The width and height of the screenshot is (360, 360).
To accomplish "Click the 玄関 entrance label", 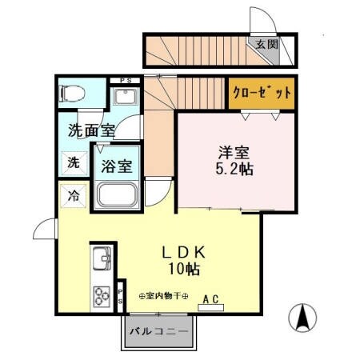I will point(267,45).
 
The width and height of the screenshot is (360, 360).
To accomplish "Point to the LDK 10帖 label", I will point(185,258).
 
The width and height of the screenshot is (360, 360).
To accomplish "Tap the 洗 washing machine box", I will point(72,163).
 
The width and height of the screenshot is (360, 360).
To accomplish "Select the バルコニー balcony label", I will point(158,330).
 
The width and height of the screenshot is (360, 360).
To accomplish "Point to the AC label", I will point(210,300).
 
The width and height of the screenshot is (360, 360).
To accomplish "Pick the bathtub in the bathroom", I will point(118,195).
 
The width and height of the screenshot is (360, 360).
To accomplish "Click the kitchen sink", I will point(102,260).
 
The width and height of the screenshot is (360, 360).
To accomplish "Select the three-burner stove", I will point(102,296).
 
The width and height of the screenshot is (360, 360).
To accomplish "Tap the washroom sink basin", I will point(126,98).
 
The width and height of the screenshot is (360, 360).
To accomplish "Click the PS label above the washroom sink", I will point(126,80).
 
